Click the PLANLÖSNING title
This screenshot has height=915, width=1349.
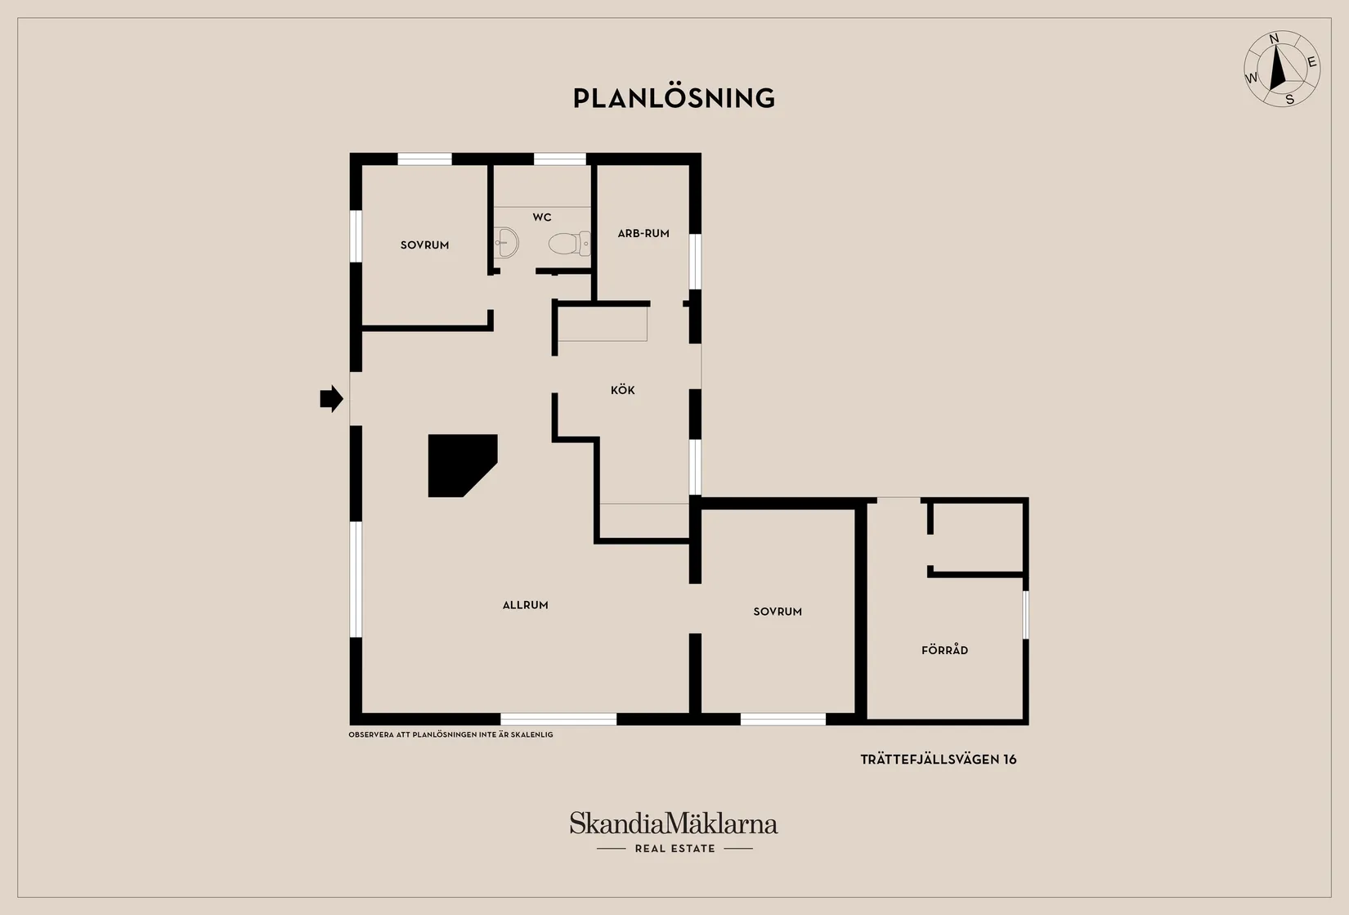tap(674, 98)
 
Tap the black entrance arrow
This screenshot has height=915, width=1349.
tap(331, 398)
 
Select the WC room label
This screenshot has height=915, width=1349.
tap(542, 217)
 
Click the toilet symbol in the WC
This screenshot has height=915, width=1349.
tap(570, 244)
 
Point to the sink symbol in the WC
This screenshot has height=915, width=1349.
tap(506, 243)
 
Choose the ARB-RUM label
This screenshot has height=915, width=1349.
tap(643, 233)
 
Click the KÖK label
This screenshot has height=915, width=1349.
tap(623, 390)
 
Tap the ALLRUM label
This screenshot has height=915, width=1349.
tap(525, 605)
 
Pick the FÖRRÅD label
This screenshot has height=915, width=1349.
tap(944, 649)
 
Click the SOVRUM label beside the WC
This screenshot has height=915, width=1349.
tap(424, 244)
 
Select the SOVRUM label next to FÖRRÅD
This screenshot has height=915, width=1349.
tap(778, 612)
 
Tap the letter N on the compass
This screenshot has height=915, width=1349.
tap(1274, 39)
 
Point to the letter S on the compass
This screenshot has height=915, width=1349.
tap(1289, 100)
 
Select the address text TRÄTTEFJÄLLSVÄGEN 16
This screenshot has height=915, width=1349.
tap(939, 759)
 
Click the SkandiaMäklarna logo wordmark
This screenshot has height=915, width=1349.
tap(674, 823)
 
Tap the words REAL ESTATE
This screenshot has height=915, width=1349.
tap(675, 848)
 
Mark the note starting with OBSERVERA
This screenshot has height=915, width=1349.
tap(450, 734)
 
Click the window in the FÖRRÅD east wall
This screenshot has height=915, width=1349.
tap(1025, 614)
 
